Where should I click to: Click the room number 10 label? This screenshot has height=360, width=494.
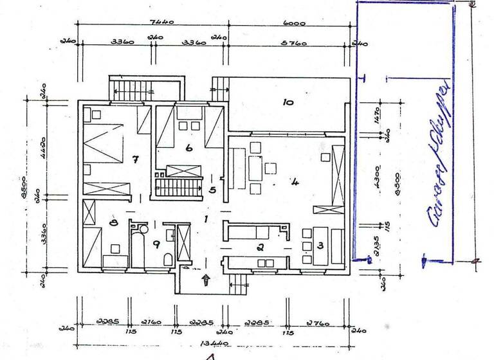point(288,102)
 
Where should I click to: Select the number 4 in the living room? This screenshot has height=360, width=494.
point(295,182)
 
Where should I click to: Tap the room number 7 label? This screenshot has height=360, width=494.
point(136,159)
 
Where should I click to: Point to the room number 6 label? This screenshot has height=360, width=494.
point(189,148)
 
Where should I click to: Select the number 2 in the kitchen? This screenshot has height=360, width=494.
point(261,246)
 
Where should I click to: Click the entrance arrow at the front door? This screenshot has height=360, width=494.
point(206,279)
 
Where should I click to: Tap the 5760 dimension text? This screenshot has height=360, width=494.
point(294,44)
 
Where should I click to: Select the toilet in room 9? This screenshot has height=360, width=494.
point(168,259)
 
